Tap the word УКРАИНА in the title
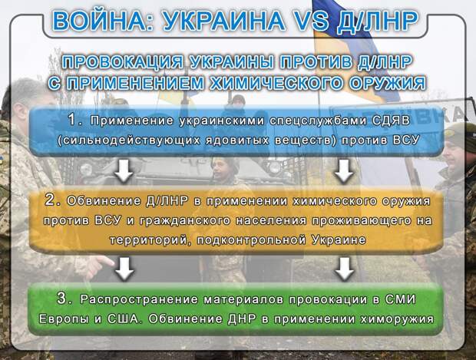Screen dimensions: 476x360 (x=223, y=21)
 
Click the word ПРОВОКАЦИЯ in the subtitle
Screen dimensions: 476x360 (x=122, y=62)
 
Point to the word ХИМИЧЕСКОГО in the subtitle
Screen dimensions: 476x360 (x=276, y=83)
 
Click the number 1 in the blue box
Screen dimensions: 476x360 (x=73, y=120)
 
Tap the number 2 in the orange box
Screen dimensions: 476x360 (x=50, y=200)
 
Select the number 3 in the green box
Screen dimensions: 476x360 (x=62, y=299)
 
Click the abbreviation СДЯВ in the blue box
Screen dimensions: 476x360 (x=392, y=121)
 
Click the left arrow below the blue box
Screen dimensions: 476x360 (x=124, y=171)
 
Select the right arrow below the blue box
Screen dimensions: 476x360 (x=343, y=171)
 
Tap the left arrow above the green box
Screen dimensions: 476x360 (x=124, y=269)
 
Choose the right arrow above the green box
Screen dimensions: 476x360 (x=344, y=269)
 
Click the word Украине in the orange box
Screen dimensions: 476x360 (x=339, y=240)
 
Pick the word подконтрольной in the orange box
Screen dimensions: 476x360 (x=251, y=240)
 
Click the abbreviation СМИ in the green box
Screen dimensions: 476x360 (x=401, y=299)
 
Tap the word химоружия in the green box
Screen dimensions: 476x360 (x=397, y=319)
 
